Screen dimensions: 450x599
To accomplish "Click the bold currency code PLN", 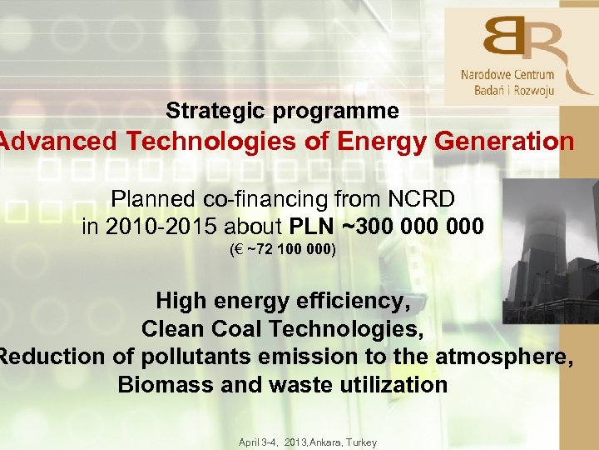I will [x=313, y=227].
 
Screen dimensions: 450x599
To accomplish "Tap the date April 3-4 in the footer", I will [x=258, y=442].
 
